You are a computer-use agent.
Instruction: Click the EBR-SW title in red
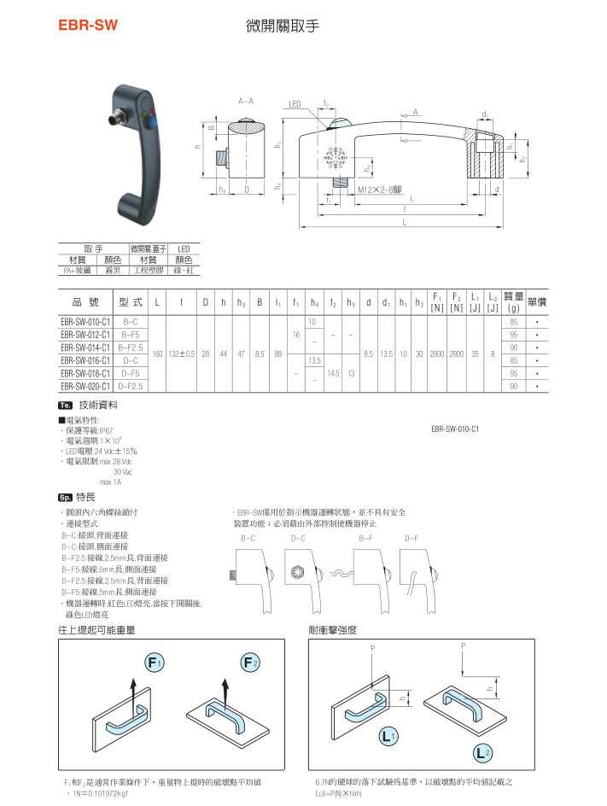tap(87, 26)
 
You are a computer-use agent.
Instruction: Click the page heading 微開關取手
tap(282, 26)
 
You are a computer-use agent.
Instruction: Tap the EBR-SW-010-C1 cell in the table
tap(85, 322)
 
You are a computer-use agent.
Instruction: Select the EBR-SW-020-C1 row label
tap(85, 386)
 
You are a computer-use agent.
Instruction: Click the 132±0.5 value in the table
tap(181, 353)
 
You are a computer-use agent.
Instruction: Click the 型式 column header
tap(131, 302)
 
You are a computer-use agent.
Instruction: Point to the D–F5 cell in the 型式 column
tap(131, 373)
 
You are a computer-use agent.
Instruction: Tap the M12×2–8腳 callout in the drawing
tap(380, 189)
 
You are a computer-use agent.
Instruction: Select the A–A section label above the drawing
tap(246, 101)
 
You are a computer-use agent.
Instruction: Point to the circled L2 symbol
tap(482, 752)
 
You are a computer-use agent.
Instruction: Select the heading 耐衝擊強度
tap(332, 630)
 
